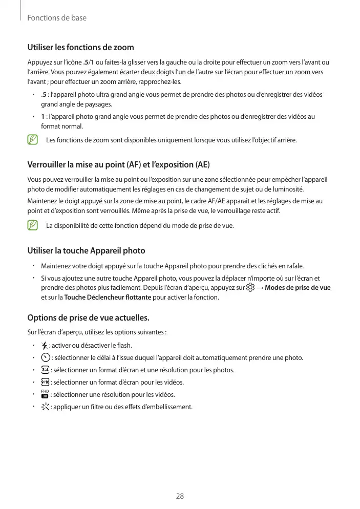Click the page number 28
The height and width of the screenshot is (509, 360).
click(x=180, y=496)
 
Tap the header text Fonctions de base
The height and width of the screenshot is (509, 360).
click(x=56, y=18)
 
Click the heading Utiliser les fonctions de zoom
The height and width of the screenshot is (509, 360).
click(x=80, y=48)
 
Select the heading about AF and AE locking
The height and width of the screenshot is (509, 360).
click(x=118, y=165)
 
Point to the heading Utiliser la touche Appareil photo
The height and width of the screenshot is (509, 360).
click(x=86, y=251)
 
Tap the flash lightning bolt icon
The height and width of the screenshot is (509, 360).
click(x=45, y=345)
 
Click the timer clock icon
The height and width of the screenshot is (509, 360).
click(x=45, y=357)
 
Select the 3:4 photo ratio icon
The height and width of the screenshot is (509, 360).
click(x=45, y=370)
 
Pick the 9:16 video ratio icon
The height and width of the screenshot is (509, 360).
click(x=45, y=382)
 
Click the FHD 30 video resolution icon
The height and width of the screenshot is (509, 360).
click(x=45, y=394)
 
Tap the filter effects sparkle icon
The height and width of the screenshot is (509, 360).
click(x=45, y=407)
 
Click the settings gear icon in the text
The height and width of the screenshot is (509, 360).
click(x=250, y=288)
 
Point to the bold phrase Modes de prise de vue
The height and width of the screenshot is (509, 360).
click(x=298, y=288)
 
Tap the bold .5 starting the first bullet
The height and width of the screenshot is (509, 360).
click(x=44, y=95)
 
